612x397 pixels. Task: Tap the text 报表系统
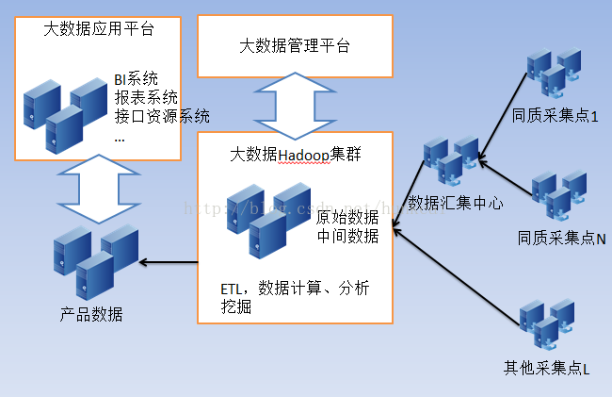pos(145,97)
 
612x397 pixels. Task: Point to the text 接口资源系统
pos(161,116)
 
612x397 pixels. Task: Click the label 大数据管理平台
pos(295,45)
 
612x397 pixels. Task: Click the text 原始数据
pos(347,217)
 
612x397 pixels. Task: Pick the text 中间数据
pos(347,236)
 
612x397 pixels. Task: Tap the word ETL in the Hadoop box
pos(234,288)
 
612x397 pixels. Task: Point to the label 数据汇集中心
pos(455,202)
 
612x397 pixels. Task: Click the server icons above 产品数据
pos(93,260)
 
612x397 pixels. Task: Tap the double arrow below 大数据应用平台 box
pos(96,189)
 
